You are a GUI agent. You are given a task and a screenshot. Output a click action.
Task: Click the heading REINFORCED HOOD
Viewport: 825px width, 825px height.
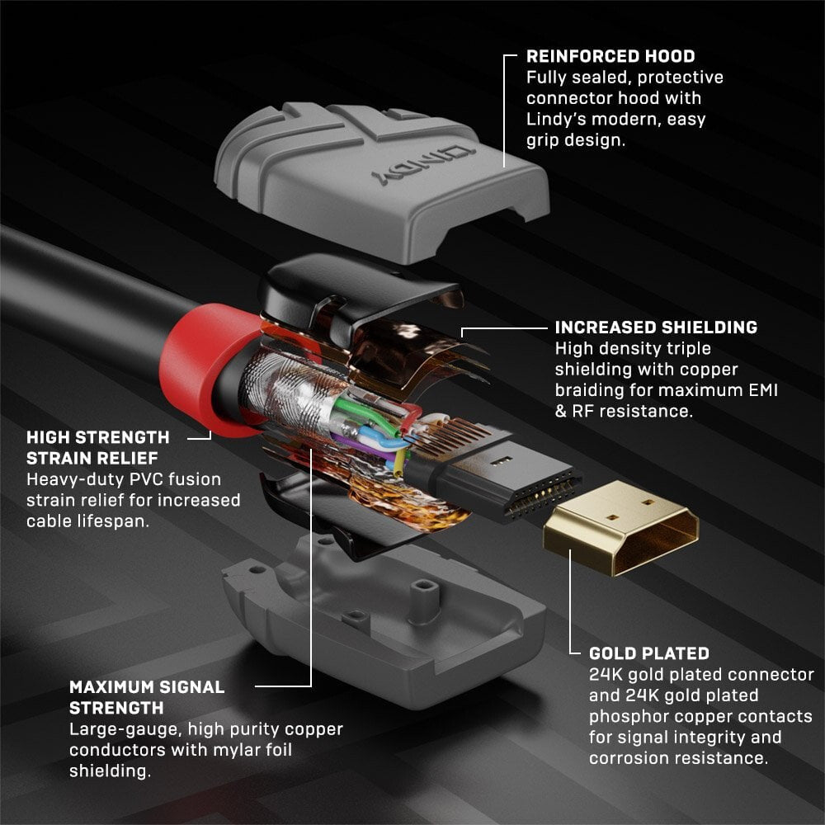coord(610,57)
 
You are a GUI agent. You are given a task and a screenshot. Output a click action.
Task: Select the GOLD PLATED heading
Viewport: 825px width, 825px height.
coord(648,653)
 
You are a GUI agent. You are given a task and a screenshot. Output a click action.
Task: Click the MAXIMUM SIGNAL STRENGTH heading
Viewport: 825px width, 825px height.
coord(146,697)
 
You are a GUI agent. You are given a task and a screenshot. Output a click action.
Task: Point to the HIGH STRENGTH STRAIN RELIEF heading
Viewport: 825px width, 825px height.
coord(97,447)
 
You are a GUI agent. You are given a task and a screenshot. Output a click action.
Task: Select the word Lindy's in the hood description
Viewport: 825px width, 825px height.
coord(562,119)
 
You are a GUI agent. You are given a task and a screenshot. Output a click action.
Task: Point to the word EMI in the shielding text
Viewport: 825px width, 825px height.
coord(759,389)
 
